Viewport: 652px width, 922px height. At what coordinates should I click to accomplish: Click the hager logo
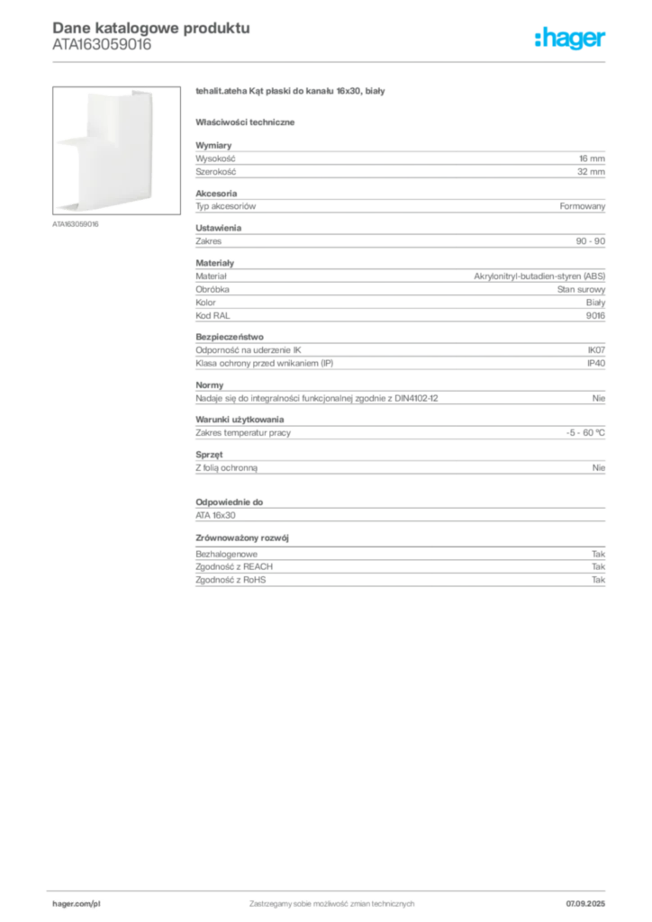point(569,38)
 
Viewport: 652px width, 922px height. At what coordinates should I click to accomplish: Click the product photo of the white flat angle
point(116,150)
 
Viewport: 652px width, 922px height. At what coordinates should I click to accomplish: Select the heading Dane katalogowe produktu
point(151,28)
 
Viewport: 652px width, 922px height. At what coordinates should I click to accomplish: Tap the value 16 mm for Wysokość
point(592,158)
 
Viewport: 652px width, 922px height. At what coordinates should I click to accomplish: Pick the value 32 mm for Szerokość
point(591,172)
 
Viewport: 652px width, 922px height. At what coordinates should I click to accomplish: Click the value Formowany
point(582,206)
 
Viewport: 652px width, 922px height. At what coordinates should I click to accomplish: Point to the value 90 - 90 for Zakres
point(590,241)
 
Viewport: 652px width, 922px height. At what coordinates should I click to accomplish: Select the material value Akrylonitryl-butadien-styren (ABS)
point(539,276)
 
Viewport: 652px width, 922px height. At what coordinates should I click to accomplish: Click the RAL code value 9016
point(595,316)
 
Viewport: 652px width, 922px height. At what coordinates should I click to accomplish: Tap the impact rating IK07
point(596,350)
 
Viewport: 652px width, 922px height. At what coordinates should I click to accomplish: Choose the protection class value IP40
point(596,364)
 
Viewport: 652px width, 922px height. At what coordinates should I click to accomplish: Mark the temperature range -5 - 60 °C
point(585,433)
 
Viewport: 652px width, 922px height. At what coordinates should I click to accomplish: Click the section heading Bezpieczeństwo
point(230,337)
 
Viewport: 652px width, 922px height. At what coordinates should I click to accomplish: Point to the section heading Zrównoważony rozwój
point(242,538)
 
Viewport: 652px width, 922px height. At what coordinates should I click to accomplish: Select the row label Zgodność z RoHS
point(231,580)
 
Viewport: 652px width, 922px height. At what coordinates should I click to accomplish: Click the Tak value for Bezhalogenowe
point(598,554)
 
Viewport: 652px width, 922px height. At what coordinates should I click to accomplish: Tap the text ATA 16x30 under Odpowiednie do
point(215,515)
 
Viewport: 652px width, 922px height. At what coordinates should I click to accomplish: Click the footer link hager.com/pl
point(77,904)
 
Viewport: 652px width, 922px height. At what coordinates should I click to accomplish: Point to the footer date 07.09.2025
point(585,904)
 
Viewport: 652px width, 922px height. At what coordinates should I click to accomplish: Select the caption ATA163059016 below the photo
point(76,224)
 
